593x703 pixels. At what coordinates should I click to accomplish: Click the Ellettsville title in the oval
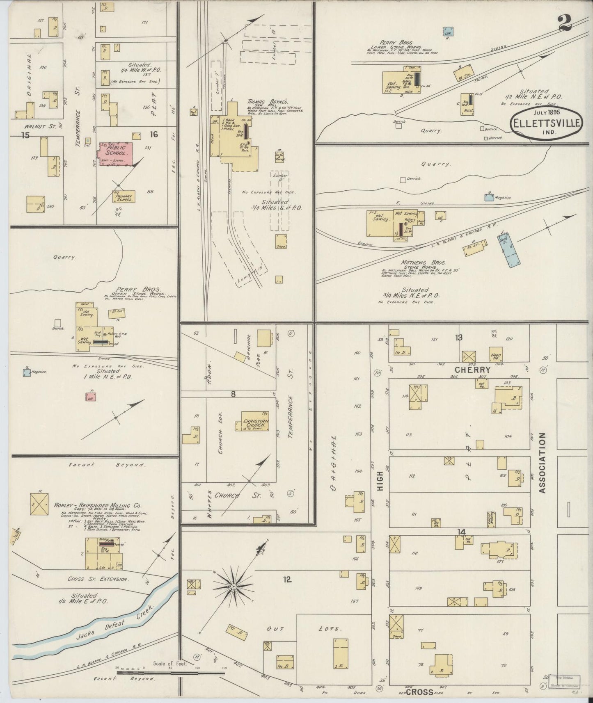[x=546, y=122]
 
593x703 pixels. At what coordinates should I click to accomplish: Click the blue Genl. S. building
[x=509, y=251]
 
